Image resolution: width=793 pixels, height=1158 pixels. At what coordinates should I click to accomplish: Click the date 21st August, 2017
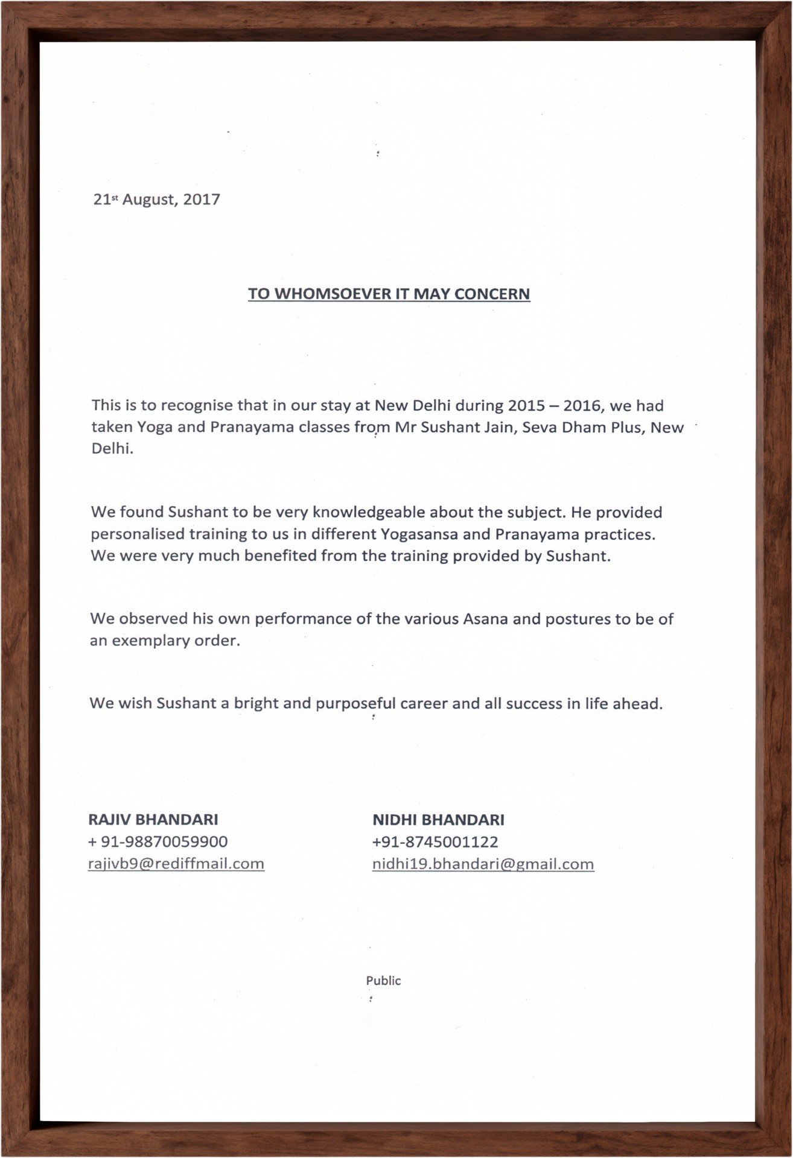(x=156, y=200)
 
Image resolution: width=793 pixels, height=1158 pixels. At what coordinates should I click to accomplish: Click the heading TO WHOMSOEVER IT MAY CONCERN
(x=389, y=294)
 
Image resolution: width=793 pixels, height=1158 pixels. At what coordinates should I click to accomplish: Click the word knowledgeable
(x=369, y=513)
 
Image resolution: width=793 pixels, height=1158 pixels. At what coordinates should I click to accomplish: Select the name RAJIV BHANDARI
(x=153, y=820)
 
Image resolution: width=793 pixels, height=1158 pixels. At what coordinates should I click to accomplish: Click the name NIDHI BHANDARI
(x=438, y=820)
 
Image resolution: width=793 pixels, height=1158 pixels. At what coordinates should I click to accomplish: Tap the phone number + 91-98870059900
(x=158, y=841)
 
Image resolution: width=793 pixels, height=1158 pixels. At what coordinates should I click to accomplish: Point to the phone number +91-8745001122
(x=435, y=842)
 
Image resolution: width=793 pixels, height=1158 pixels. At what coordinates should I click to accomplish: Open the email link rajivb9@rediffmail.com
(x=176, y=864)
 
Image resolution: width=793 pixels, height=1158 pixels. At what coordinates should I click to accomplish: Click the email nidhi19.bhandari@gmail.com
(x=483, y=864)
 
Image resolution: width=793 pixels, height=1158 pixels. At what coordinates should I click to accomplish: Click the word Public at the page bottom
(x=383, y=981)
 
